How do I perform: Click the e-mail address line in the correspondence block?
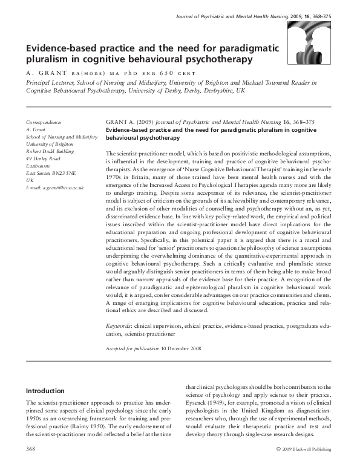click(55, 188)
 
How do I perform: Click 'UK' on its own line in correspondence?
click(30, 180)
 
